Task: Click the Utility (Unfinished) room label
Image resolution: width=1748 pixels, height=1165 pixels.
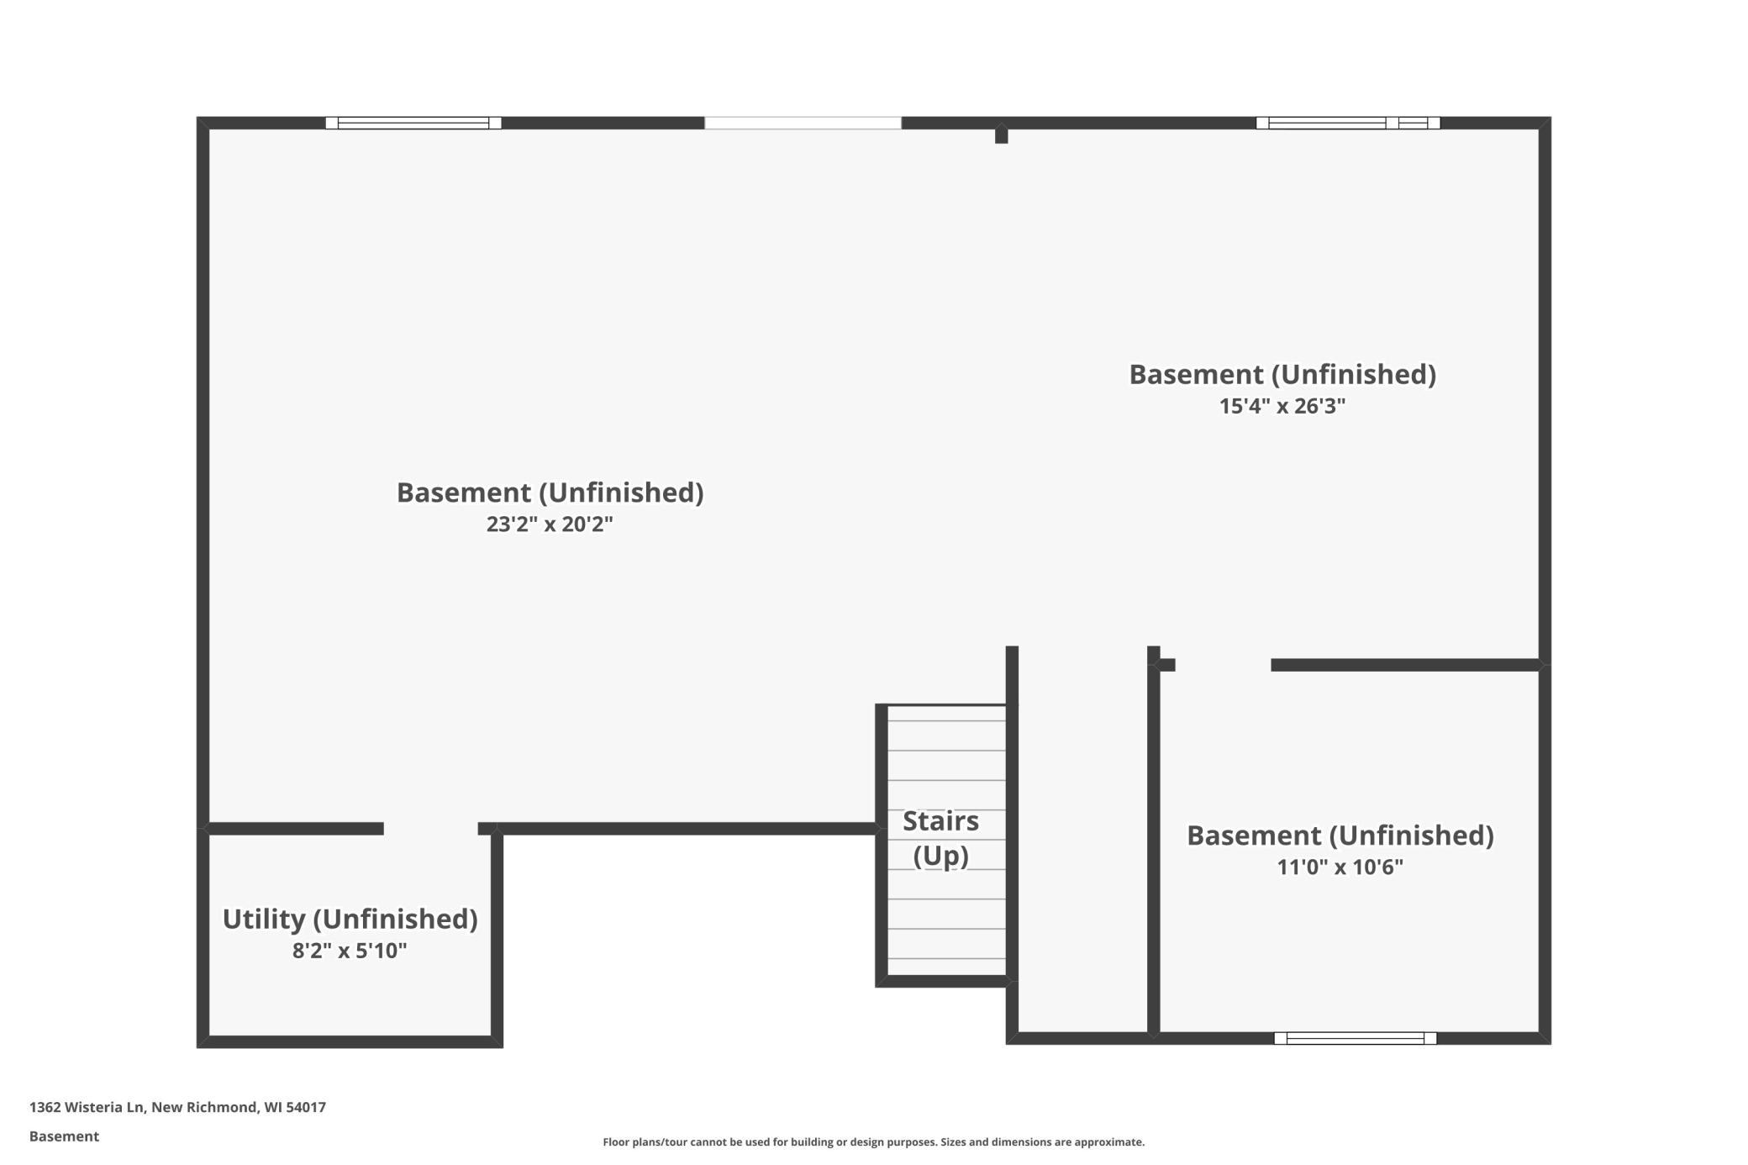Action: point(350,920)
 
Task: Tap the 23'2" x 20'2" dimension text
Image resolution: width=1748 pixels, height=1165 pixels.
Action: point(550,525)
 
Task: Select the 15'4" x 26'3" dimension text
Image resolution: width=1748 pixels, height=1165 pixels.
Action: point(1282,406)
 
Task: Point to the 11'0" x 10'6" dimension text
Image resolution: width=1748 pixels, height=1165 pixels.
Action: point(1340,867)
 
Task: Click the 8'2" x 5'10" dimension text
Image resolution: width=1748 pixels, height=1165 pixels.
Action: point(350,951)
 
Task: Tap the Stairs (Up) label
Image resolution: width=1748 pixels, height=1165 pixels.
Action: point(941,838)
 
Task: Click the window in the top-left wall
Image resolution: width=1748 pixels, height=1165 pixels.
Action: point(413,123)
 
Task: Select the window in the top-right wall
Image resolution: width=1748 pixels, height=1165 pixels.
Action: point(1348,123)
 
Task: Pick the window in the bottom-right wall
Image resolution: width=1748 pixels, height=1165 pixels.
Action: point(1356,1038)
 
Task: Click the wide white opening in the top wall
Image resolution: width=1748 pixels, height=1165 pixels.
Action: point(803,123)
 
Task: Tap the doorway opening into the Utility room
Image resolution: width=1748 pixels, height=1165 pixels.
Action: point(431,829)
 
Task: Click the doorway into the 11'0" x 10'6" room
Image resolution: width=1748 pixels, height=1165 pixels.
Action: point(1223,665)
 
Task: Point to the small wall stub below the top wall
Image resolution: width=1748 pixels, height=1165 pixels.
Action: point(1002,135)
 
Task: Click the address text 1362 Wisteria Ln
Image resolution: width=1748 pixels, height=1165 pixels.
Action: point(88,1107)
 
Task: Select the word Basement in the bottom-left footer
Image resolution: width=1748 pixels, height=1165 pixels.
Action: point(64,1136)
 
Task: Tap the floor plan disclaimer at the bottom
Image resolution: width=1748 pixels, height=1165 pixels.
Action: point(874,1141)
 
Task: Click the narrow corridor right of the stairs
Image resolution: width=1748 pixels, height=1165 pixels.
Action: point(1083,841)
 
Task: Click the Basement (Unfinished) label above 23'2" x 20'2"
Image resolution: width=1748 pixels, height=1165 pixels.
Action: point(550,493)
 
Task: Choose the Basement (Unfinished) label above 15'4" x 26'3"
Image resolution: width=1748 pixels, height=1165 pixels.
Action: point(1282,375)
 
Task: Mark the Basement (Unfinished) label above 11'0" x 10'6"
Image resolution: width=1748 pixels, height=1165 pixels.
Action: point(1340,836)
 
